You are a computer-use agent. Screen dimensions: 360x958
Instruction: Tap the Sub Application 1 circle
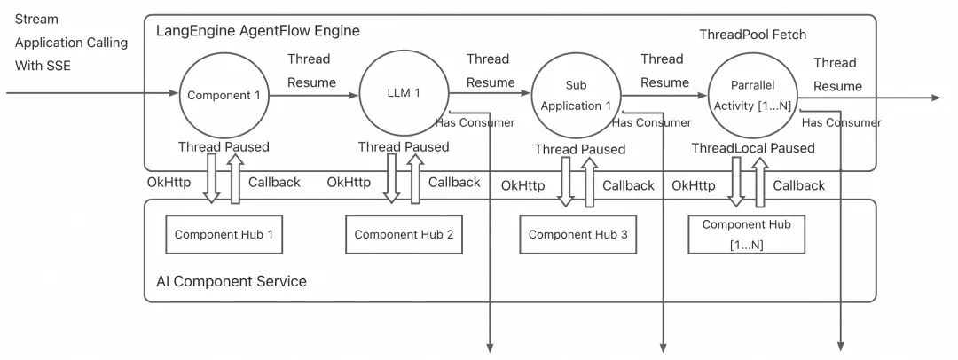point(576,98)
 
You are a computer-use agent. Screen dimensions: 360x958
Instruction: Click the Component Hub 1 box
point(216,234)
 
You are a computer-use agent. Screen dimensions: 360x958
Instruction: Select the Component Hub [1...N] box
point(745,234)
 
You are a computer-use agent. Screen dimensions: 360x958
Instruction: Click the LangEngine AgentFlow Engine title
point(257,32)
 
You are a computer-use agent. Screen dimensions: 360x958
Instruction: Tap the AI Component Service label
point(231,281)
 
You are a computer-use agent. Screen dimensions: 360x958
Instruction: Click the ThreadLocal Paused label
point(753,148)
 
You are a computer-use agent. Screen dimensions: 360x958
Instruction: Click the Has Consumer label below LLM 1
point(475,121)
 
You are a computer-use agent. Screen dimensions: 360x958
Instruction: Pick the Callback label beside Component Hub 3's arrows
point(628,185)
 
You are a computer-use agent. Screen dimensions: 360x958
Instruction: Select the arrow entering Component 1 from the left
point(89,92)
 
